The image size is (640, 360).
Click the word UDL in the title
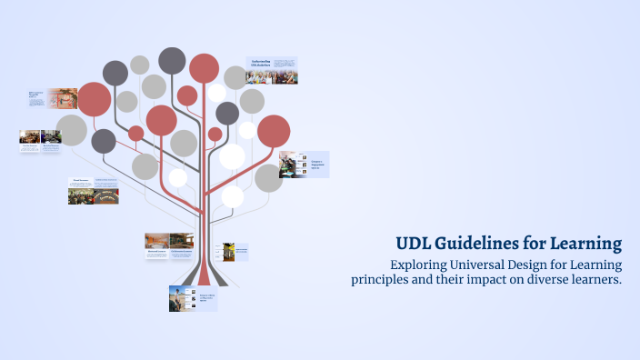point(413,244)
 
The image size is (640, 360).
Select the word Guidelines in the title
point(479,244)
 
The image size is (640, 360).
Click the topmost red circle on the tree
point(204,68)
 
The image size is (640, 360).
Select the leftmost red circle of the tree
point(94,99)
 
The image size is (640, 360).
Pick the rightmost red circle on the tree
point(274,131)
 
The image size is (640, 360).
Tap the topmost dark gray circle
point(172,60)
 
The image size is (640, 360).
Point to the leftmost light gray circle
point(72,131)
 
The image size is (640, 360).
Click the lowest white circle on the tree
point(233,196)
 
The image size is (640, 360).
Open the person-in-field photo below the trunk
point(180,298)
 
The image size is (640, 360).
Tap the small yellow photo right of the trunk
point(229,251)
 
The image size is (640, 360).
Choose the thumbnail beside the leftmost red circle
point(63,98)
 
